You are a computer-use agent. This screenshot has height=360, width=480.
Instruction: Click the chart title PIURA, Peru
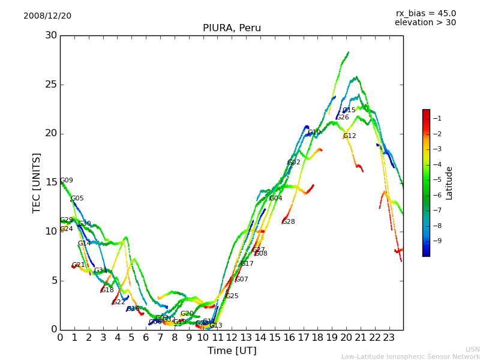232,28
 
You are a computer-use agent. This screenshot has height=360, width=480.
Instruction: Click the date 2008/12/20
47,16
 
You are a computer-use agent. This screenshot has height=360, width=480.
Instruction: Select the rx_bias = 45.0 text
425,13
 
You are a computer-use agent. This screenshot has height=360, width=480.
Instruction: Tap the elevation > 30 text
425,23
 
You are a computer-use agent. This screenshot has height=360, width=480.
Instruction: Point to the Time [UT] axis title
232,351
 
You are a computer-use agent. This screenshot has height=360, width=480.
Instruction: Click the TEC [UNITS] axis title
37,182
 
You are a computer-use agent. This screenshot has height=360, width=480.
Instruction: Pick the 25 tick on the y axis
51,85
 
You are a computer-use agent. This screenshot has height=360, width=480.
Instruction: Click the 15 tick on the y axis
51,182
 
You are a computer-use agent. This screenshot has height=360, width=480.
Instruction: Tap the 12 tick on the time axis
232,338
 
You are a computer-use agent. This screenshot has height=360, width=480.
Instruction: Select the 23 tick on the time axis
389,338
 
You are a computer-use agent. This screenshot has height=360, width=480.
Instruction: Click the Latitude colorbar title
449,183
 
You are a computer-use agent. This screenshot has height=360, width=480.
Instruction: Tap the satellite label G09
67,181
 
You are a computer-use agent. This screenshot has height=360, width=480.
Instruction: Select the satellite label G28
289,222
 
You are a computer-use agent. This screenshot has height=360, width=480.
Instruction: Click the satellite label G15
349,110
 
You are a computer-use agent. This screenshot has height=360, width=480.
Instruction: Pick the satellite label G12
350,136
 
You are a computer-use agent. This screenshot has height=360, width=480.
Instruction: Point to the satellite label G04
275,199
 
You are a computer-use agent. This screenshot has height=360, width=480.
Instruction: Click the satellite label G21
79,265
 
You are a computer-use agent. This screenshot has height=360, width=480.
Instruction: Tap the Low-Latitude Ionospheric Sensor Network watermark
410,356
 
